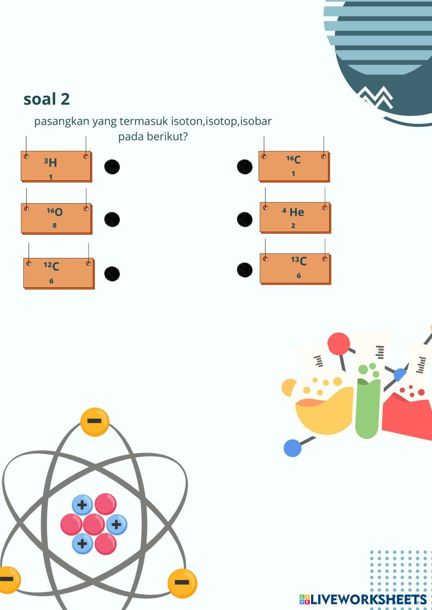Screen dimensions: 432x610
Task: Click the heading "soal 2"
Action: (47, 99)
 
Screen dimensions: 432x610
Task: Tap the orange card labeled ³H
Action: (56, 167)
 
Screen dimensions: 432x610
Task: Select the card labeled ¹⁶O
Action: (56, 218)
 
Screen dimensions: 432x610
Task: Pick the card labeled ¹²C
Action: (58, 273)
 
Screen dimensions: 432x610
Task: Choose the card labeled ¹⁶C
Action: (294, 166)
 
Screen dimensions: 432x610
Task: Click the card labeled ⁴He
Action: (295, 217)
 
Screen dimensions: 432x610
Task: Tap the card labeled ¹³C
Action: (295, 268)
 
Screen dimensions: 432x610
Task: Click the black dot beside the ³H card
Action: (112, 167)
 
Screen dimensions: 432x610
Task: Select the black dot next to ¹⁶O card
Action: (112, 219)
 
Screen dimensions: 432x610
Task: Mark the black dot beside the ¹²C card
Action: (112, 274)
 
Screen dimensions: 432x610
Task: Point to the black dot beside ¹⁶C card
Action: (245, 167)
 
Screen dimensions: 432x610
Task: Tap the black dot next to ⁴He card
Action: (245, 219)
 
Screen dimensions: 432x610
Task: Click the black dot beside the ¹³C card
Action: (245, 270)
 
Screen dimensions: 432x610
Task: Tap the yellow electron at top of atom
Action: (95, 421)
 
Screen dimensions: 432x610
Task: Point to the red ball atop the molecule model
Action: (338, 344)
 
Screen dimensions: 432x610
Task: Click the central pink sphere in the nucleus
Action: (93, 524)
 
